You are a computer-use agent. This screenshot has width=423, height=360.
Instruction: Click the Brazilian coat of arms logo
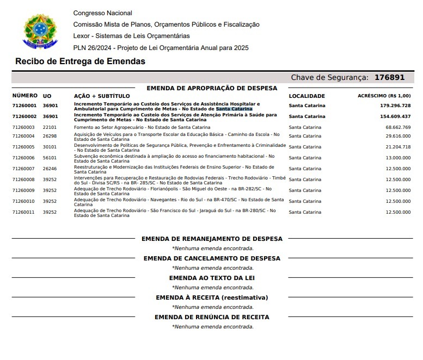tap(39, 30)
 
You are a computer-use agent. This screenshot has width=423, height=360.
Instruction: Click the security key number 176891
tap(389, 78)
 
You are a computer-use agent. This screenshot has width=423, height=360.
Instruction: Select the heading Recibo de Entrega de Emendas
tap(80, 61)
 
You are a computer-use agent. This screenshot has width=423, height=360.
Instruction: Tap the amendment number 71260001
tap(24, 105)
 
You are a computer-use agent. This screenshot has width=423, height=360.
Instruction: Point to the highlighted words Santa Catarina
tap(234, 109)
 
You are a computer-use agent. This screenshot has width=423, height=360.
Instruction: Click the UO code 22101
tap(50, 127)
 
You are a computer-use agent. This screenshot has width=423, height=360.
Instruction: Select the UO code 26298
tap(50, 136)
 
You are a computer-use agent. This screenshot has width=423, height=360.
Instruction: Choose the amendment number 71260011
tap(23, 212)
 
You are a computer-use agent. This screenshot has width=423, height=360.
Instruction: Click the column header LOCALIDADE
tap(306, 96)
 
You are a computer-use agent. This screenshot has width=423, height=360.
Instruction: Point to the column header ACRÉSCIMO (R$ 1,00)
tap(384, 96)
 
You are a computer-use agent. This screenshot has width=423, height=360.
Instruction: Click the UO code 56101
tap(50, 158)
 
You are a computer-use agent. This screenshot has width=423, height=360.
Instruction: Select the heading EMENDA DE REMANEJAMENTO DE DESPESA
tap(212, 239)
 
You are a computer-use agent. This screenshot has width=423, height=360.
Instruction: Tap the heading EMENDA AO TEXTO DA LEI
tap(212, 278)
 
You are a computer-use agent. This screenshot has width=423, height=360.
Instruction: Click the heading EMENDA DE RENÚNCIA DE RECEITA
tap(212, 317)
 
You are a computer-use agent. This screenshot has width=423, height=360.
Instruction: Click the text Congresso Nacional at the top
tap(102, 13)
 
